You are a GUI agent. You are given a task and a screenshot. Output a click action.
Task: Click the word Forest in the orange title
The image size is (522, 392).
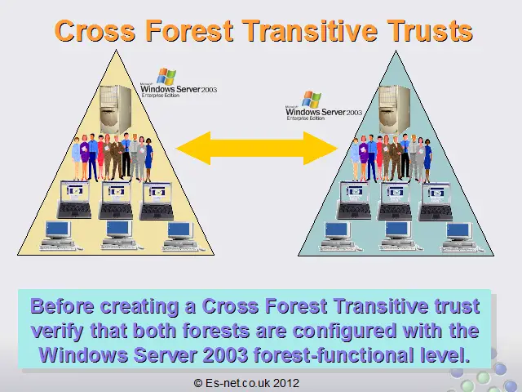coord(189,31)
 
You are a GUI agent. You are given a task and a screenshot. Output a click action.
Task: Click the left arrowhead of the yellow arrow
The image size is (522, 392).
coord(193,148)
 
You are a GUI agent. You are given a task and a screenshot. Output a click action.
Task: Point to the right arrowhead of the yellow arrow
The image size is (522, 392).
coord(321,148)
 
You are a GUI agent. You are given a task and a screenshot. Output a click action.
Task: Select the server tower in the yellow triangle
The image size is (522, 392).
coord(116,109)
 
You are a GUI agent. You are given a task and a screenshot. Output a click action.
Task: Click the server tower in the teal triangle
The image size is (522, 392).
coord(395,109)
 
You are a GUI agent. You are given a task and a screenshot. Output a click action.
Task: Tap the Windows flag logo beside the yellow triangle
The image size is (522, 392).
coord(166,76)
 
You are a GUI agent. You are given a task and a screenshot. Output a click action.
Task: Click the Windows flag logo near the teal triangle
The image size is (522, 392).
coord(312,100)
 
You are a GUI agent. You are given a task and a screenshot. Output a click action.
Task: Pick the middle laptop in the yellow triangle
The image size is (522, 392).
coord(116,200)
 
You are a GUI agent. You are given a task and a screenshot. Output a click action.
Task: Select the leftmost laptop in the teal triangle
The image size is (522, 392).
coord(354,201)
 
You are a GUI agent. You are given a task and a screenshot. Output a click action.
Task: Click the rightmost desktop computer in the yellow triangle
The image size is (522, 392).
coord(180,236)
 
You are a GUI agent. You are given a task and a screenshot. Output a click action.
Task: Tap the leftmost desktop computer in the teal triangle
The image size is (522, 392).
coord(338,237)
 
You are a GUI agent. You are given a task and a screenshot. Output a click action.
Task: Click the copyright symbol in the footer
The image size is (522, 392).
coord(197,383)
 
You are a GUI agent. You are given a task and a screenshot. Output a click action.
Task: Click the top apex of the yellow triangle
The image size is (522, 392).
coord(116,50)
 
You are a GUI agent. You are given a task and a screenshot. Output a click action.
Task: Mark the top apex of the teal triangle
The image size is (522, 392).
coord(396,51)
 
